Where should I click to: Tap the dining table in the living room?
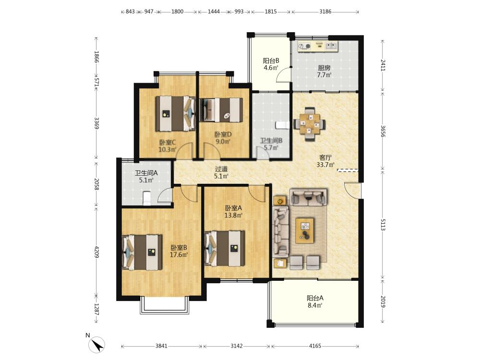[310, 124]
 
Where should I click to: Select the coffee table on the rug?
[305, 230]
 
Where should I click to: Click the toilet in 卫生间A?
[147, 198]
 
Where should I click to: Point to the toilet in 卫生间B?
[282, 125]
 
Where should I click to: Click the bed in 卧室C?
[175, 114]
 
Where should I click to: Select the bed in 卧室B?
[142, 252]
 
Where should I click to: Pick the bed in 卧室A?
[224, 249]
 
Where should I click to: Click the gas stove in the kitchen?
[305, 46]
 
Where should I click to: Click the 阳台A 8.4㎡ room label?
[315, 301]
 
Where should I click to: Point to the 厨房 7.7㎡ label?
[324, 71]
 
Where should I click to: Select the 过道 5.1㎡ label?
[221, 172]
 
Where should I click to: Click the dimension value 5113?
[383, 225]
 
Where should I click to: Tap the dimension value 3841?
[161, 346]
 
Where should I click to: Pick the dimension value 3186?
[325, 12]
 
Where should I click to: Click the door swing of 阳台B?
[283, 75]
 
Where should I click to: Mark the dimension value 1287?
[97, 309]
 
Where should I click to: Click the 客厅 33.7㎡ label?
[325, 161]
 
